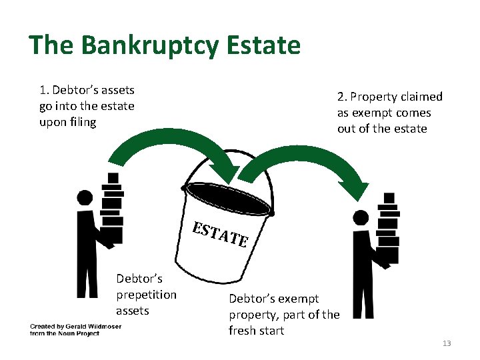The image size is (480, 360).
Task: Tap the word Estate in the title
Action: pos(263,46)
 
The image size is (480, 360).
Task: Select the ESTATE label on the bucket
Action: pos(220,233)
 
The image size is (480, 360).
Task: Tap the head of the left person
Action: pos(85,198)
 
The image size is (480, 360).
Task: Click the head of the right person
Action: pos(361,217)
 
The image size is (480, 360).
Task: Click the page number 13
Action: pos(447,343)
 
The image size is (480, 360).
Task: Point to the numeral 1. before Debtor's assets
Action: pos(43,90)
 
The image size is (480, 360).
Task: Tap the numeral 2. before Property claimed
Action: pos(342,97)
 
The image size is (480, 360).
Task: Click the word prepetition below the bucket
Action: pos(146,295)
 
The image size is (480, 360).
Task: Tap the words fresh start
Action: pos(256,331)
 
